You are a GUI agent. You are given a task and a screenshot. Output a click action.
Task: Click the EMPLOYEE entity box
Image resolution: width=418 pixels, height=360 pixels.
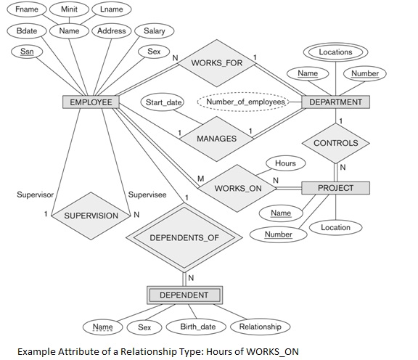91,102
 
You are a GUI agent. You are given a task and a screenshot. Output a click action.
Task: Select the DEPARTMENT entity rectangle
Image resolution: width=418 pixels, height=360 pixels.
335,102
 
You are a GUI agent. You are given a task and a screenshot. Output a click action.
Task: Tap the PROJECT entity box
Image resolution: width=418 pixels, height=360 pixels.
335,188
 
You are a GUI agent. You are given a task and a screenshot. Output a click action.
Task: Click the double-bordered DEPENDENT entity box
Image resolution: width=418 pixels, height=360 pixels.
184,295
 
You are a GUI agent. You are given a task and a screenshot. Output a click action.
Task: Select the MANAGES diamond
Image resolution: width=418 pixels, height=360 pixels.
216,139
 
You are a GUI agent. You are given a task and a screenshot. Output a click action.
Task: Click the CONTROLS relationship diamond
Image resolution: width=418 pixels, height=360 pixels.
335,143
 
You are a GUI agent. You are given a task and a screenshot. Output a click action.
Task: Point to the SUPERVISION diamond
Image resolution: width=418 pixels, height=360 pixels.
91,216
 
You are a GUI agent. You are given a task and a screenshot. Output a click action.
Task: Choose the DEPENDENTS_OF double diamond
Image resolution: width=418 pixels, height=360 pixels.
184,238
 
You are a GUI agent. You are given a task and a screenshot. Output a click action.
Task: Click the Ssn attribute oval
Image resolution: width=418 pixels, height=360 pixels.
27,52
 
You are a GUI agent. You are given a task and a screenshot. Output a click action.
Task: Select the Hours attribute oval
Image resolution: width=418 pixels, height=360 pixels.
286,163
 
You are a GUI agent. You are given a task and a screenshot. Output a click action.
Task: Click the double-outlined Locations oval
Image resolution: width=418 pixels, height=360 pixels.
335,52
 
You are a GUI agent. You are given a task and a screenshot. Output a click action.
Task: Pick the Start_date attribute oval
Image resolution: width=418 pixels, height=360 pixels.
164,102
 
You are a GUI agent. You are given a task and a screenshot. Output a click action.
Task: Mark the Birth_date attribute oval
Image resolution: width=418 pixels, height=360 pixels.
197,327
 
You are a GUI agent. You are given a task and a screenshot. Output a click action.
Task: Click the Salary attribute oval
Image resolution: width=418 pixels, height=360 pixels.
154,31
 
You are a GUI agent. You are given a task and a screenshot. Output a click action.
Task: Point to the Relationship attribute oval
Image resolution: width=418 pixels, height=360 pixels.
260,327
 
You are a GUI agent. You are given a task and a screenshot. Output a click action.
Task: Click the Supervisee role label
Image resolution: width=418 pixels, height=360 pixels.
147,195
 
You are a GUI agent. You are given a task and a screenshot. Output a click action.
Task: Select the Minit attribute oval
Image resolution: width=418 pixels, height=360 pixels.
70,9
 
